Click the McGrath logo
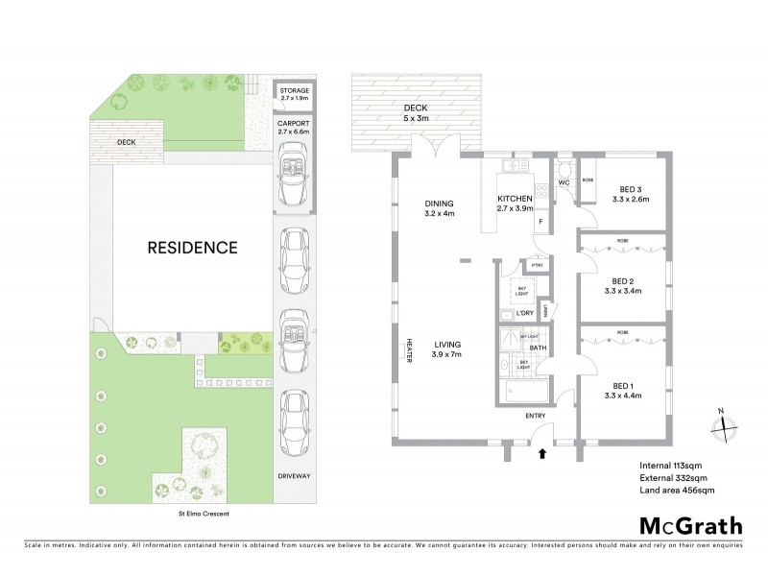(x=691, y=525)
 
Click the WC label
(x=564, y=181)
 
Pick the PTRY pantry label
(x=537, y=266)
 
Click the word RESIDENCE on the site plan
(x=192, y=247)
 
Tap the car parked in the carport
(x=295, y=177)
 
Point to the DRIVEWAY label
(x=295, y=475)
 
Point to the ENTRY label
(x=536, y=416)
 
